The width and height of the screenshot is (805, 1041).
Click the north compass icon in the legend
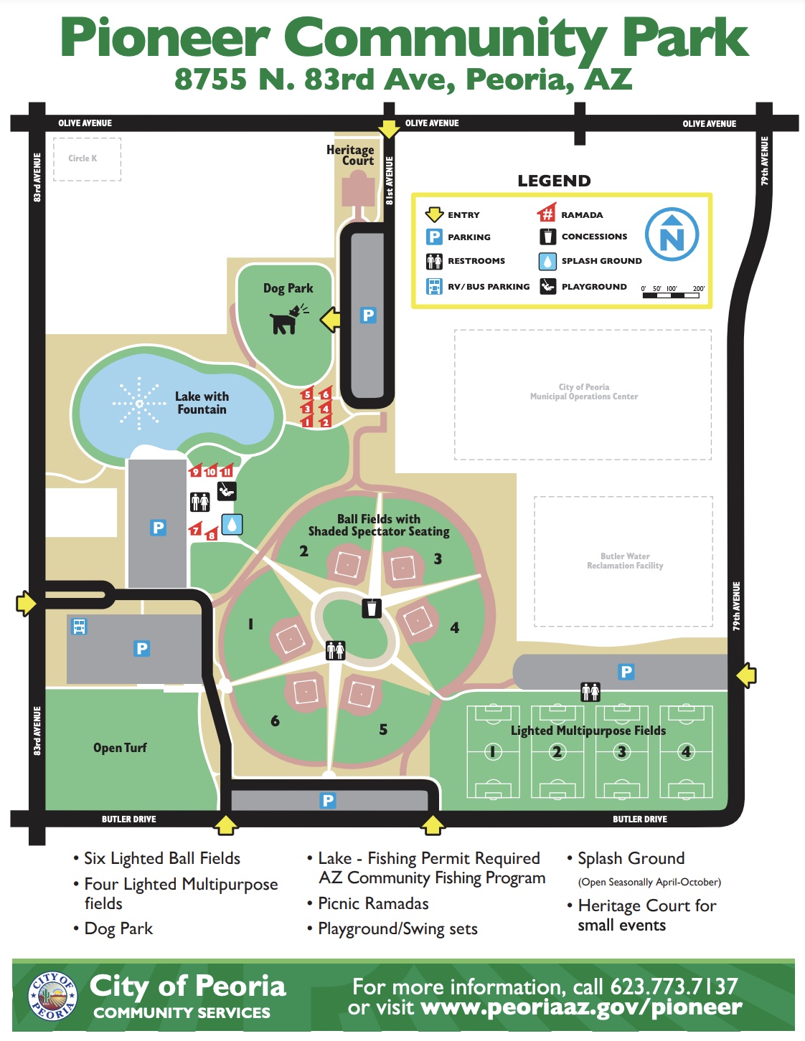click(672, 234)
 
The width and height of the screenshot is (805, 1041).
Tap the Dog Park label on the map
click(288, 288)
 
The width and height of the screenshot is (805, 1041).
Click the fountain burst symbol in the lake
click(138, 404)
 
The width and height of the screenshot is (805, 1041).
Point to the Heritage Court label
click(351, 155)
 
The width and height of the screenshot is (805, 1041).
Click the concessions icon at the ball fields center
click(371, 608)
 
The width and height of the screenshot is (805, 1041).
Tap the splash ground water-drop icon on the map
click(232, 524)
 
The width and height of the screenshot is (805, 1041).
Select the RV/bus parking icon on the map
click(79, 627)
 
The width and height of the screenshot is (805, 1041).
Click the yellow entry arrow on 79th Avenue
click(746, 675)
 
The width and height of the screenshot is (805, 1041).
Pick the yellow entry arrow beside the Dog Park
click(330, 319)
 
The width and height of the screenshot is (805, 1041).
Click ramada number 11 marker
click(227, 471)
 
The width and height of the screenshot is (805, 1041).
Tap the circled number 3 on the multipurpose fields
click(622, 751)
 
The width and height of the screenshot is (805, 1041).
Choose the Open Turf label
click(120, 748)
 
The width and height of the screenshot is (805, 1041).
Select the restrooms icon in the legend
click(434, 261)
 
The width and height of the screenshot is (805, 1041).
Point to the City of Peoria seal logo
click(52, 997)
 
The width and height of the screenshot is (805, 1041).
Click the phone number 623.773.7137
click(674, 987)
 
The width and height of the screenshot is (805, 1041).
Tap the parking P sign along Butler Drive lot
click(328, 800)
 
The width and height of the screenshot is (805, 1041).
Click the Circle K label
click(83, 158)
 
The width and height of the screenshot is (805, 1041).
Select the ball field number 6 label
click(275, 721)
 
